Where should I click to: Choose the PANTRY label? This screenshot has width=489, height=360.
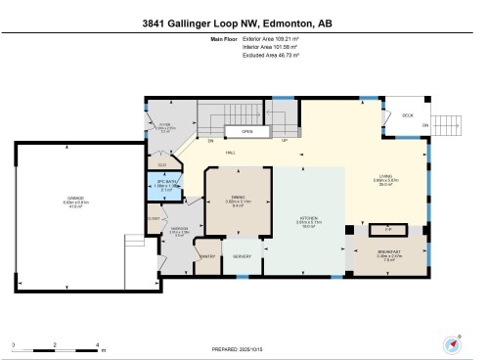pos(207,256)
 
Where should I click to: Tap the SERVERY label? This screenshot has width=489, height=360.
pos(242,256)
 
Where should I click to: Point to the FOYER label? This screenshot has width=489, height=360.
pos(165,124)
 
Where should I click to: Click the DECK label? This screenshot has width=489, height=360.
pos(406,115)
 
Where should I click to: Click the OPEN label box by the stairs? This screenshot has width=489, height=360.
pos(247,131)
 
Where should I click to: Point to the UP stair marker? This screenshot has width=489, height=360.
pos(284,141)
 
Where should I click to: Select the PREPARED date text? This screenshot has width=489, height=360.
pos(244,347)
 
